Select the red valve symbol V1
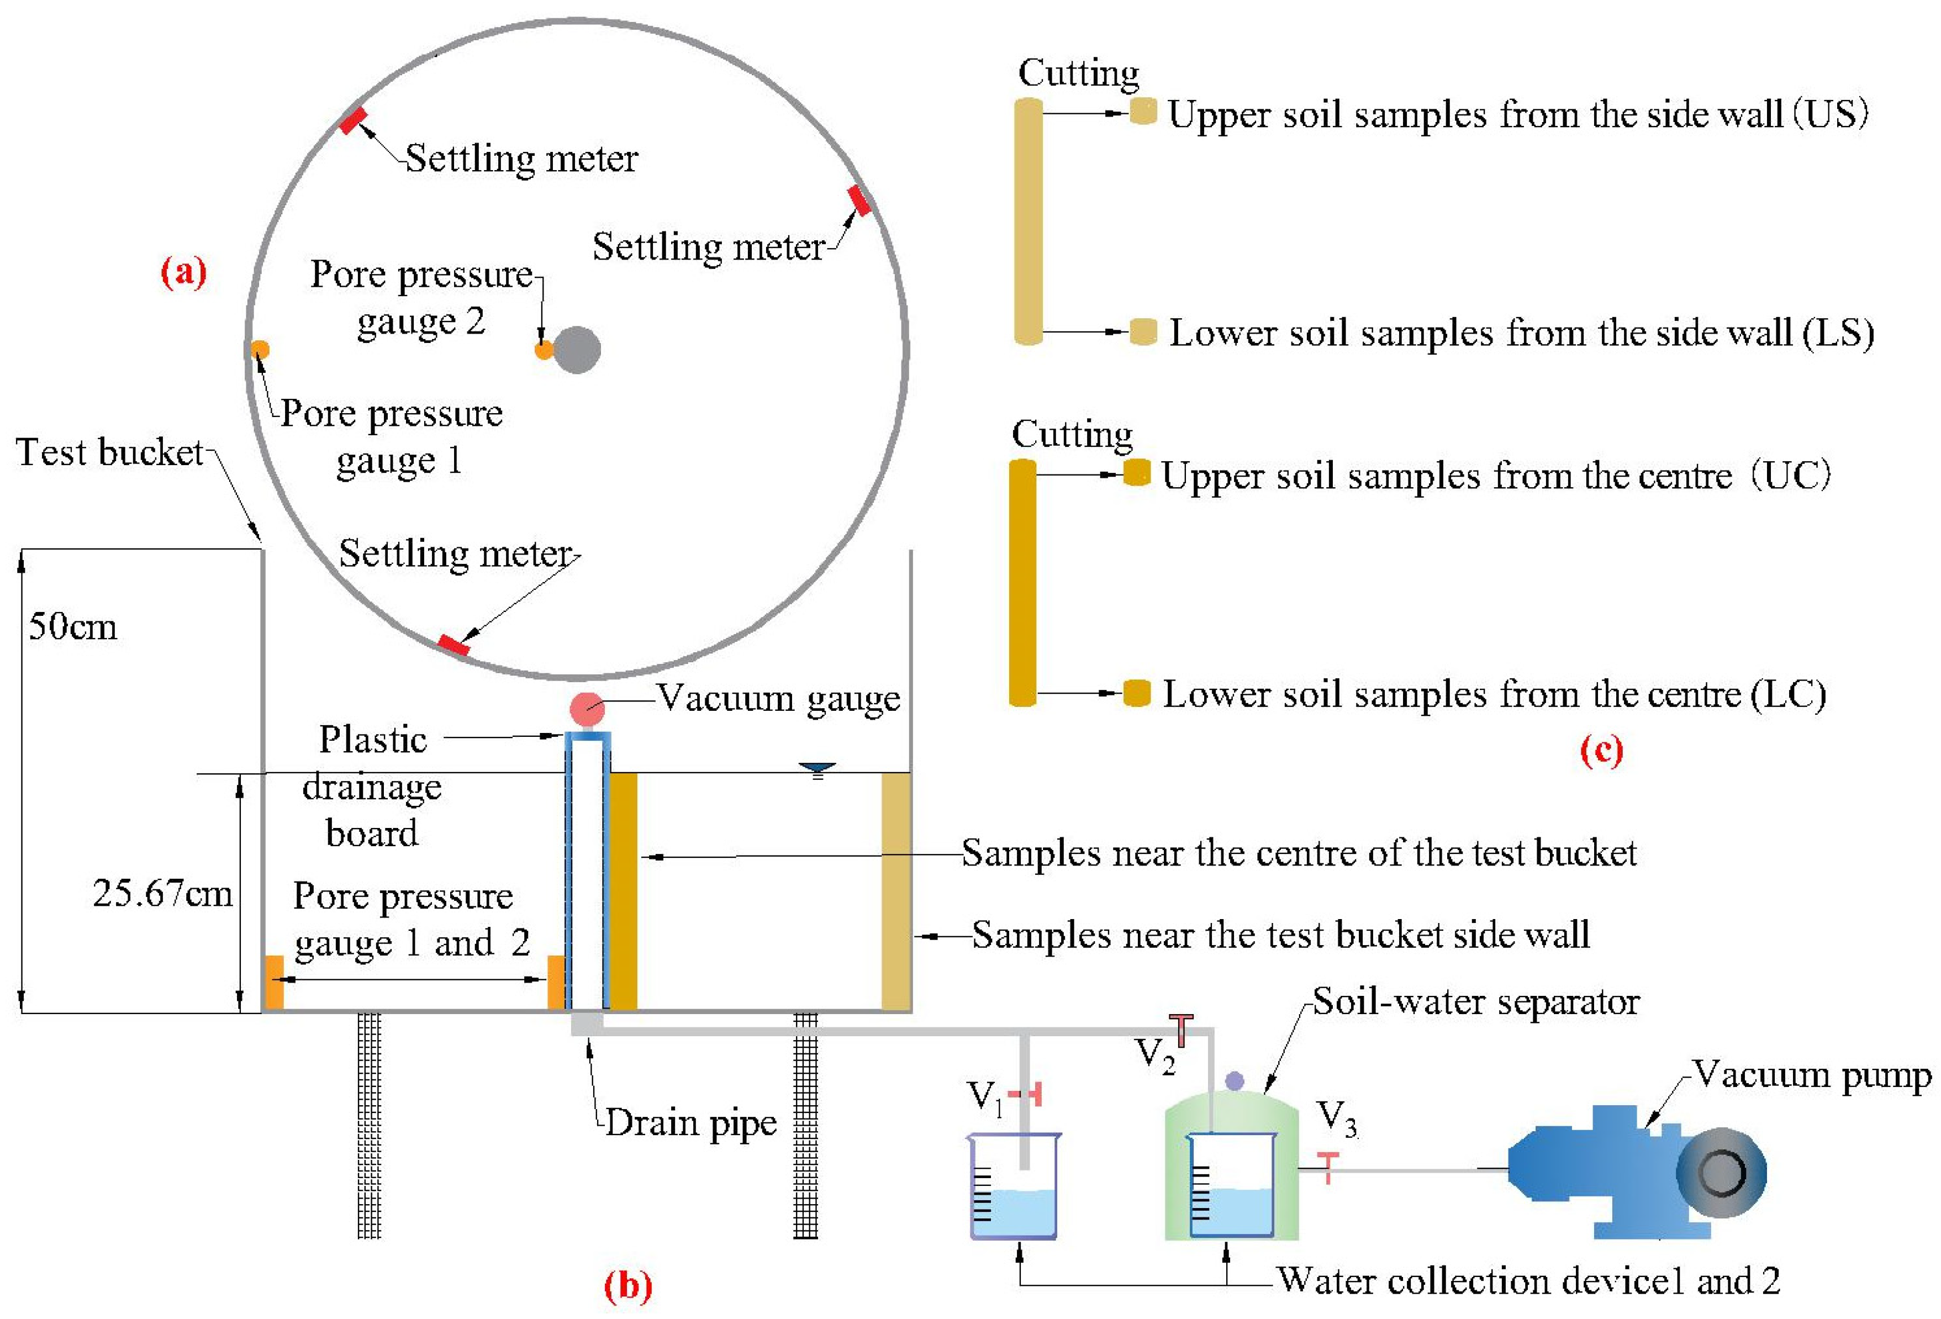coord(1028,1094)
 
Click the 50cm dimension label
coord(73,626)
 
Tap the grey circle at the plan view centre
coord(576,349)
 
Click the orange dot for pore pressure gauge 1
coord(260,349)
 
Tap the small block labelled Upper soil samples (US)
coord(1142,111)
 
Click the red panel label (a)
coord(183,272)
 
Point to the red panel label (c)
coord(1601,750)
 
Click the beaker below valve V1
coord(1013,1187)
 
